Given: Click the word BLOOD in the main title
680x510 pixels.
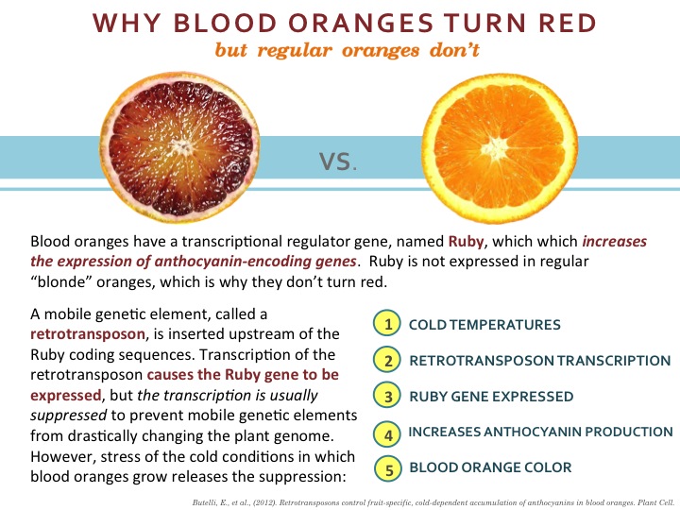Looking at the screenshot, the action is click(225, 23).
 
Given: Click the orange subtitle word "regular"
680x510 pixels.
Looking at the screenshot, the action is click(295, 51).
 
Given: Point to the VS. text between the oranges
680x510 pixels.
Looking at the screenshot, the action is click(338, 161).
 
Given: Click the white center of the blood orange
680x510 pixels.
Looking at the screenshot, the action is click(181, 147).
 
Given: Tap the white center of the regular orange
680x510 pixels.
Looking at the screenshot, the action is click(495, 148).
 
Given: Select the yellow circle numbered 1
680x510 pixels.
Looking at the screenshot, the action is click(387, 324).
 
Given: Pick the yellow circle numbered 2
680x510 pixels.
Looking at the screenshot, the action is click(387, 360).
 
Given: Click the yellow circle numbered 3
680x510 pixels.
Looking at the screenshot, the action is click(387, 396).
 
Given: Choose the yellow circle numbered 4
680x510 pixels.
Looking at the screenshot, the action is click(387, 434).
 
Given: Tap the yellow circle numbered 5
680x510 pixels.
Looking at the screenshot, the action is click(388, 468).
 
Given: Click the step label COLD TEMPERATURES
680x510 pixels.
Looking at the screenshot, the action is click(484, 325).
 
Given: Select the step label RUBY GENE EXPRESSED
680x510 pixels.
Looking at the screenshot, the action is click(491, 397).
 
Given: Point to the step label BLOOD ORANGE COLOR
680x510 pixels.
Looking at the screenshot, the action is click(490, 467).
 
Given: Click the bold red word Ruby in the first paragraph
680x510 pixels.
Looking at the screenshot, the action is click(466, 241).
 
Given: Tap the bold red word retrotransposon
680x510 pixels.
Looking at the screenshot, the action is click(88, 334).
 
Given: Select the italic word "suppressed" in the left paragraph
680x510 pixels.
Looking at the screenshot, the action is click(69, 416).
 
